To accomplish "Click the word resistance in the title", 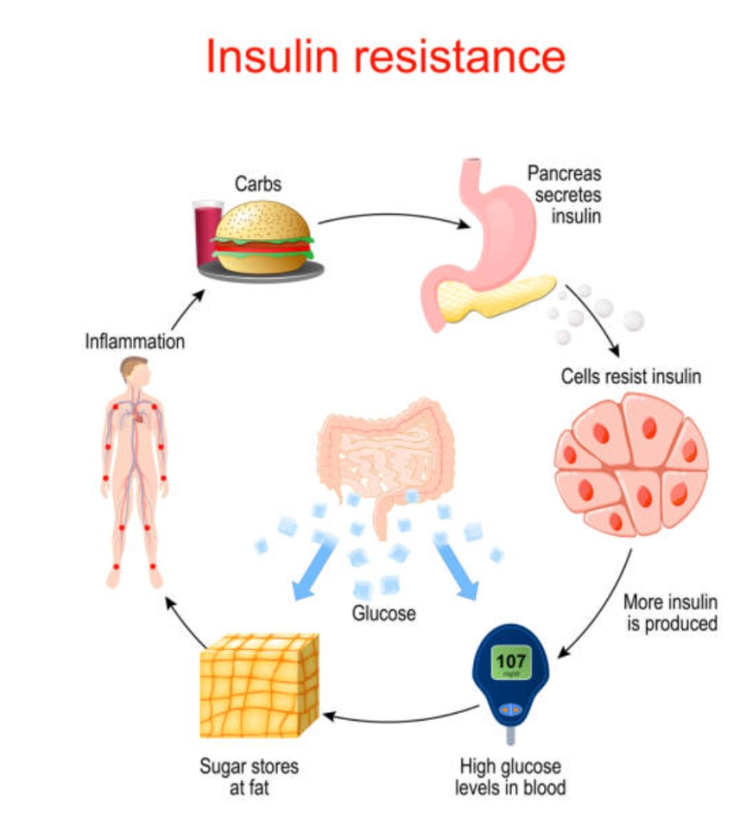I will tap(458, 57).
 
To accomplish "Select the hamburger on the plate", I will tap(263, 238).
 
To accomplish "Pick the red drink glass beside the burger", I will tap(207, 233).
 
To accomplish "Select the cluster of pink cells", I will tap(630, 461).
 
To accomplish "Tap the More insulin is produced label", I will tap(669, 612).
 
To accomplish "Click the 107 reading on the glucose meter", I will tap(511, 662).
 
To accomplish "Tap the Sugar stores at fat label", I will tap(250, 775).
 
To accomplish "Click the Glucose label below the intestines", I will tap(384, 614).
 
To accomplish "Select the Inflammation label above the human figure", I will tap(134, 342).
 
